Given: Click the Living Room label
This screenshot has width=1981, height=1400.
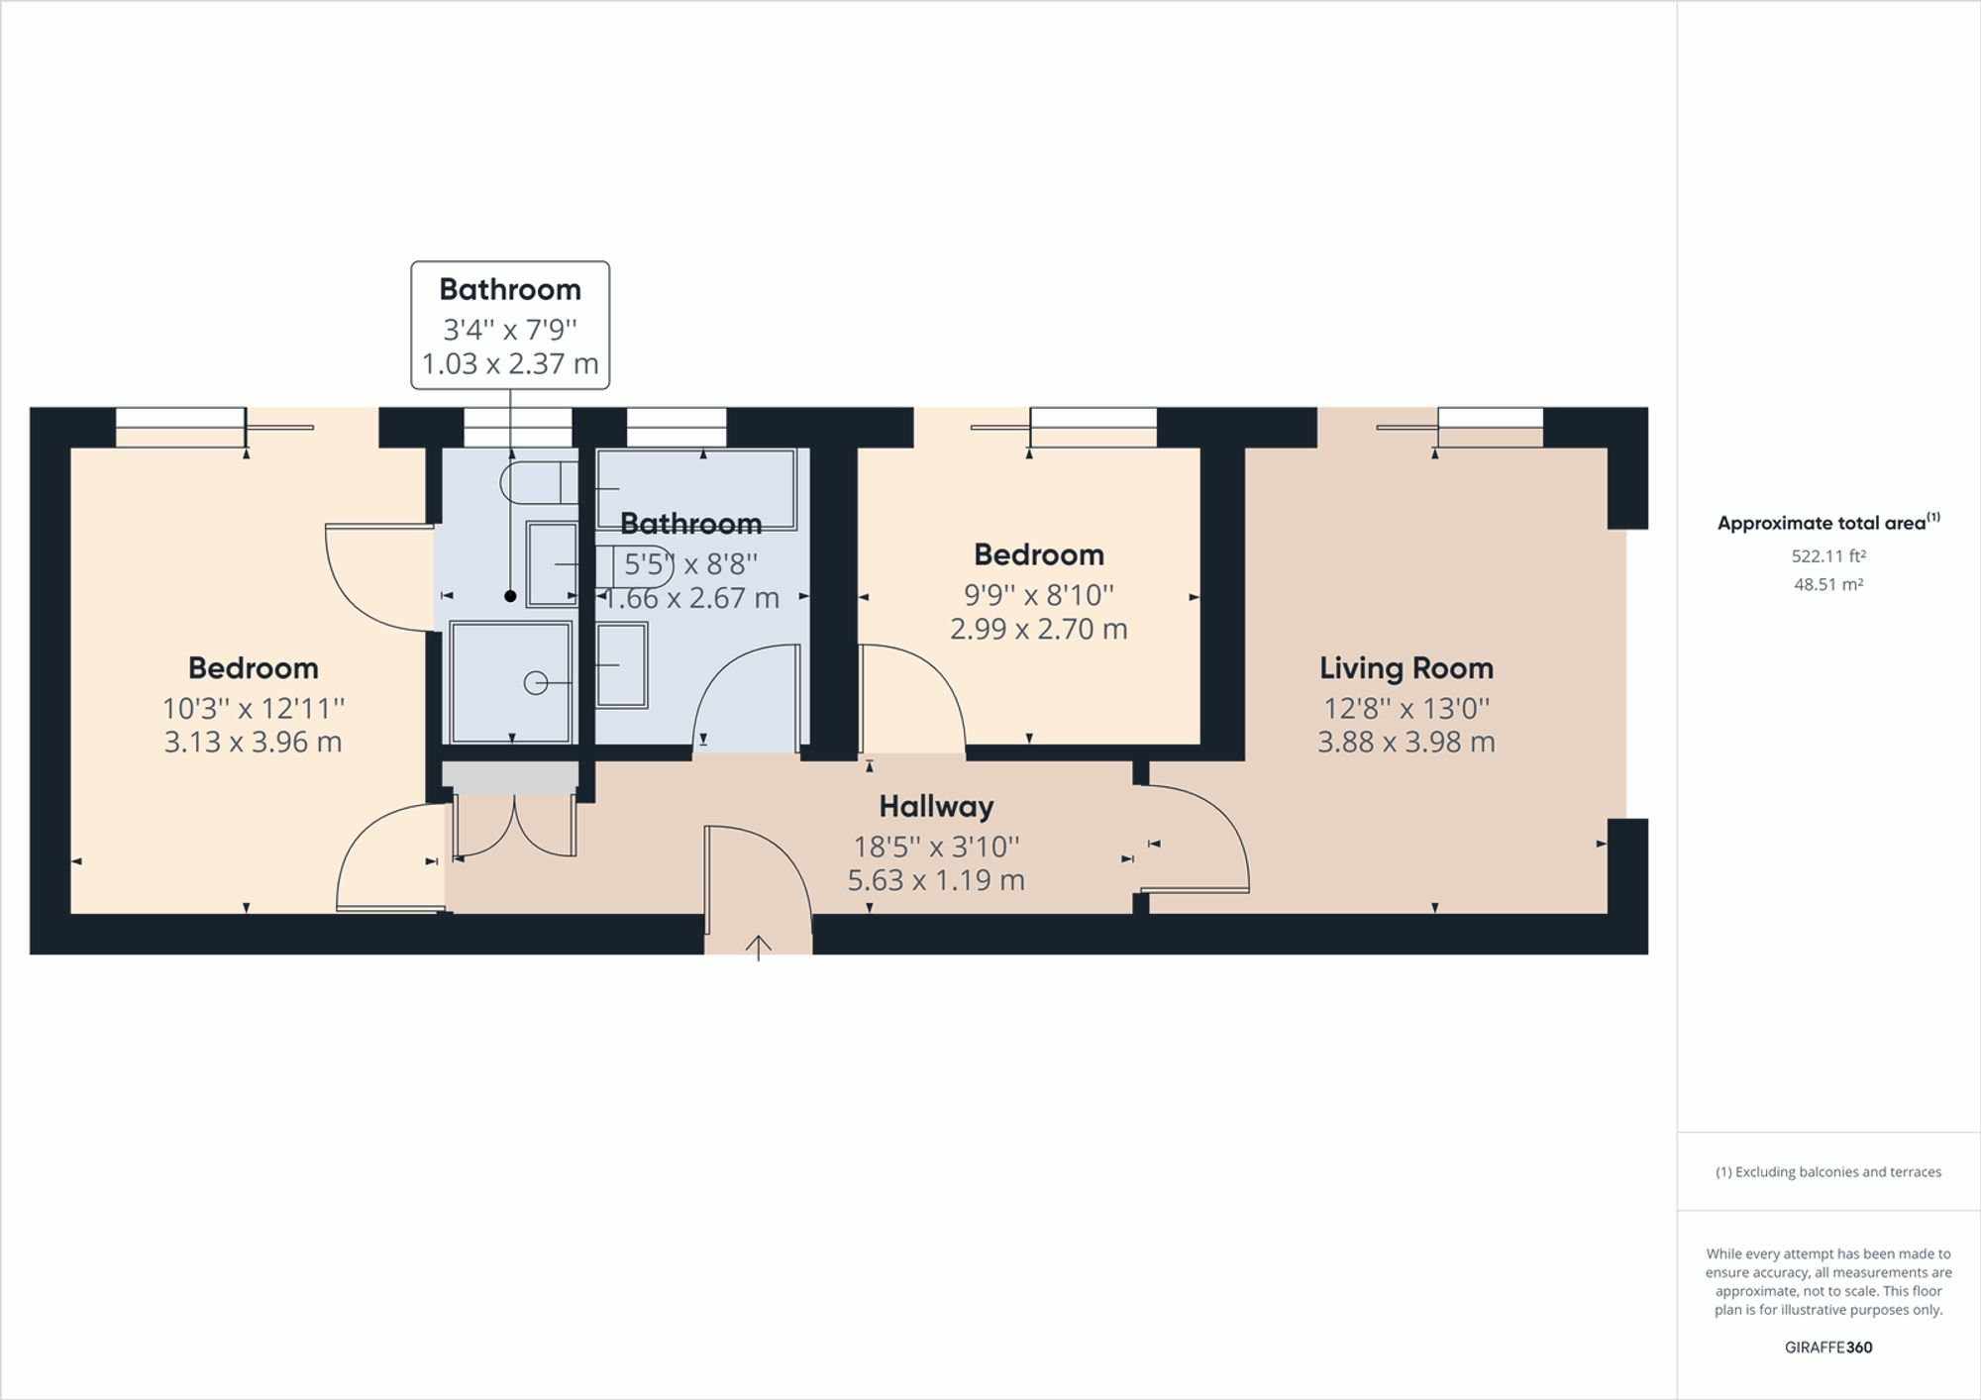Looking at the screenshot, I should (1406, 668).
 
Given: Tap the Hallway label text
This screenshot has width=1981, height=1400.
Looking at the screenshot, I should (936, 807).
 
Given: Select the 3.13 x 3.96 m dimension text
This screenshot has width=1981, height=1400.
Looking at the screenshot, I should (253, 743).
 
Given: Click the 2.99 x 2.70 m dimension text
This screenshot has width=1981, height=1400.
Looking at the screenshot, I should (1038, 629).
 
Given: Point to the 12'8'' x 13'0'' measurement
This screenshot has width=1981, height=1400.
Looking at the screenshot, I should (1406, 709).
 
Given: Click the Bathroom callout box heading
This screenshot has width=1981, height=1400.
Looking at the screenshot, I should (510, 289).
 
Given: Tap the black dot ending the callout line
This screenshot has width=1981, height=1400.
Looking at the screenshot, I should (510, 596).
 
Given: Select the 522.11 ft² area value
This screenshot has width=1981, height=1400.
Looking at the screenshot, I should (1828, 556).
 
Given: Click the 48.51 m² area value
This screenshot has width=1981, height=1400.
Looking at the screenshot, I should (1828, 584).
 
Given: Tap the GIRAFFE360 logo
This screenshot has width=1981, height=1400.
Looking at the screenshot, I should (1828, 1348).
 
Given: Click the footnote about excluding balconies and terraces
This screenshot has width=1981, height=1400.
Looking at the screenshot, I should (1828, 1172).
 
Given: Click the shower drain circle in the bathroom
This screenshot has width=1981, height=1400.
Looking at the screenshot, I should (536, 682).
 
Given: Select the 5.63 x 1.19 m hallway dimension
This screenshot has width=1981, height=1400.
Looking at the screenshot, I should (936, 880).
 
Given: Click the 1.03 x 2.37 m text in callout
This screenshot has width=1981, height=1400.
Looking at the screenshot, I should (510, 364).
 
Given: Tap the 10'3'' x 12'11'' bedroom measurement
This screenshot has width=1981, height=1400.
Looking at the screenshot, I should (253, 709).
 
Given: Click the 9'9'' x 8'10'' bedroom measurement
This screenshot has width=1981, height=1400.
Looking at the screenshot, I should (1038, 595).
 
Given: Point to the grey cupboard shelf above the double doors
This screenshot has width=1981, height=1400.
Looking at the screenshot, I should (510, 777).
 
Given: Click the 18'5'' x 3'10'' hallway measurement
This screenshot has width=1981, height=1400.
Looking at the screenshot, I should (936, 847).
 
